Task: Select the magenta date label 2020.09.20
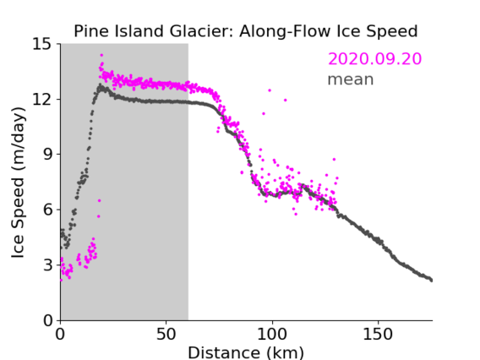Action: (374, 58)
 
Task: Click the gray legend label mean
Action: (351, 79)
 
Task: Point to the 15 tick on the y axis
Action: (41, 44)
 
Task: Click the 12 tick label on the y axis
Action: (41, 99)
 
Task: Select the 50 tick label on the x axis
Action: (166, 334)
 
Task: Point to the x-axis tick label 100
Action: (272, 334)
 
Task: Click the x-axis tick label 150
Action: (378, 334)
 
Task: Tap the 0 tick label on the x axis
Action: (60, 334)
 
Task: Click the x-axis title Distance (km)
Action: (246, 352)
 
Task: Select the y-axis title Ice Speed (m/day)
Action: (18, 183)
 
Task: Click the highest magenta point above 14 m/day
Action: (101, 56)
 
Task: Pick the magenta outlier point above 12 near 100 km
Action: (270, 90)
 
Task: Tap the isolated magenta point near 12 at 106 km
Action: (286, 100)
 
